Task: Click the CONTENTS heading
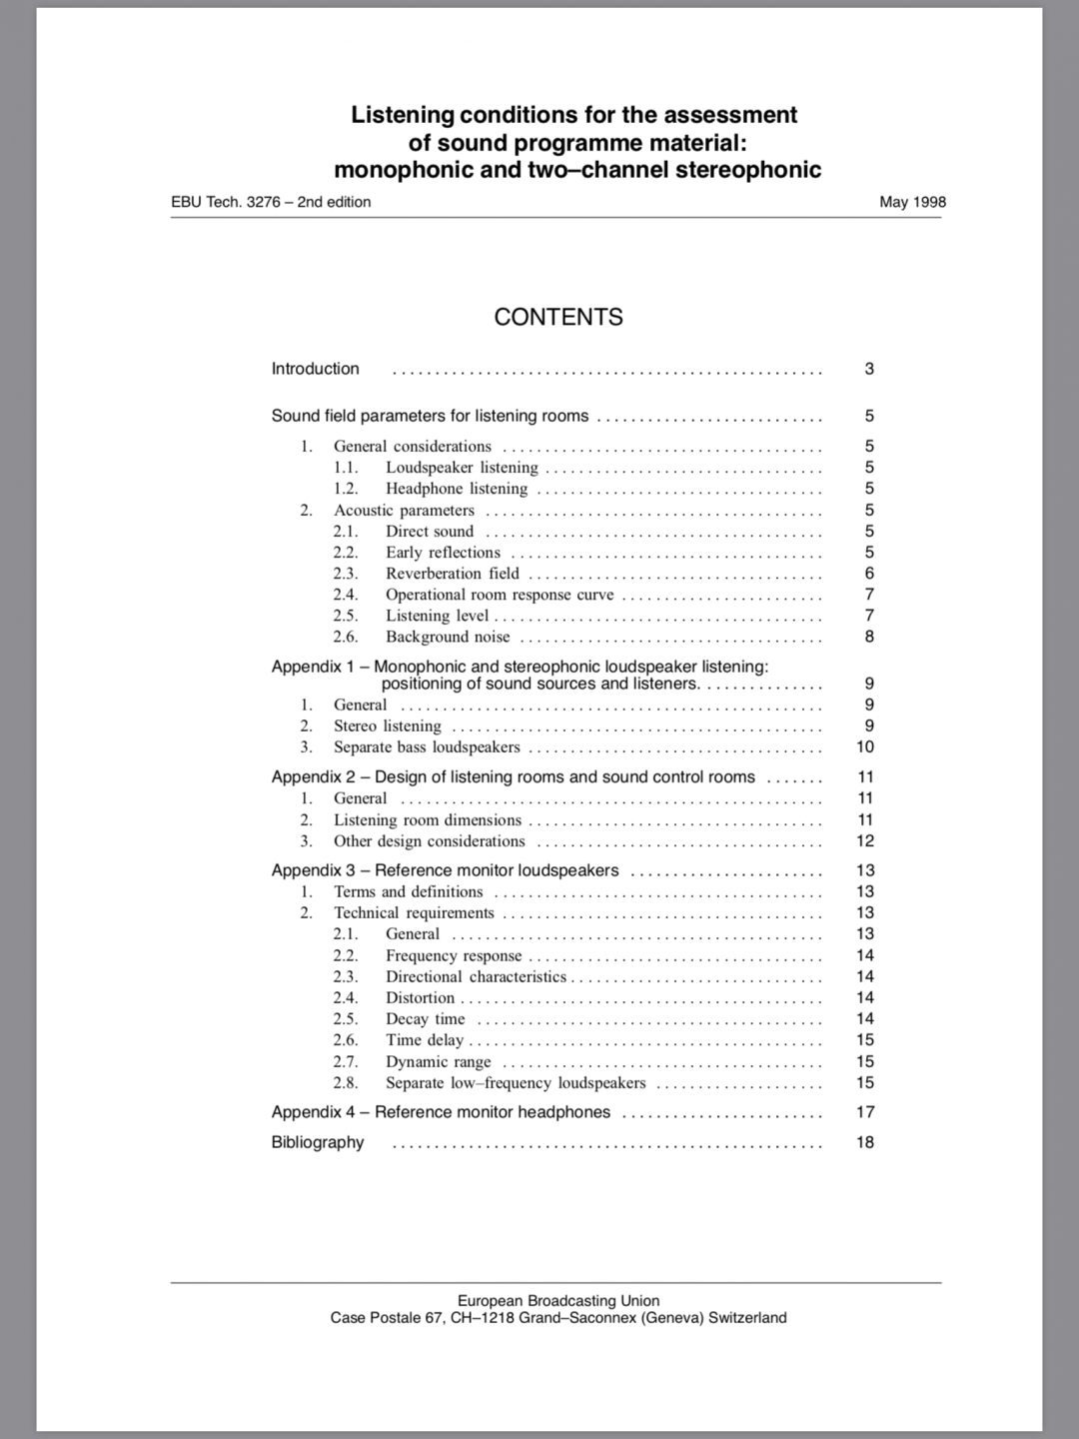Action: coord(558,317)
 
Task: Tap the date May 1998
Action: coord(912,202)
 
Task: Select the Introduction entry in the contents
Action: coord(315,369)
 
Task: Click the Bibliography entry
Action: coord(318,1142)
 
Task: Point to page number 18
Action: coord(865,1142)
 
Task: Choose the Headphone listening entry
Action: coord(457,489)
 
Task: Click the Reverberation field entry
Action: coord(453,574)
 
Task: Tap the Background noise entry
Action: coord(448,638)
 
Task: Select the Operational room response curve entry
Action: coord(500,595)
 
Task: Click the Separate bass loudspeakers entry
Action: coord(427,747)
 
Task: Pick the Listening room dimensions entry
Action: coord(428,820)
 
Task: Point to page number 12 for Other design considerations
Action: coord(865,841)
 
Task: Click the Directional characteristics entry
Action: coord(476,977)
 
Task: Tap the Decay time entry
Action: coord(426,1019)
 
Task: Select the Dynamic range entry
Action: coord(439,1062)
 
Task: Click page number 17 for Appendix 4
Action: coord(865,1112)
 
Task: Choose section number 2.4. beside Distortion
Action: coord(346,998)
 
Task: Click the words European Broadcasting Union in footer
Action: coord(558,1301)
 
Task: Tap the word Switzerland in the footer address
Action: coord(747,1318)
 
